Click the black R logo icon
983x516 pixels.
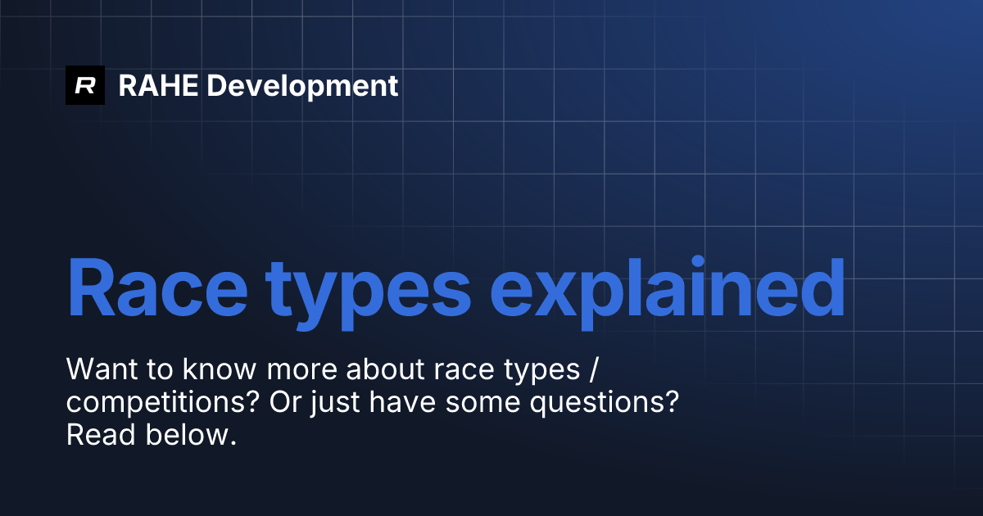[85, 85]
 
